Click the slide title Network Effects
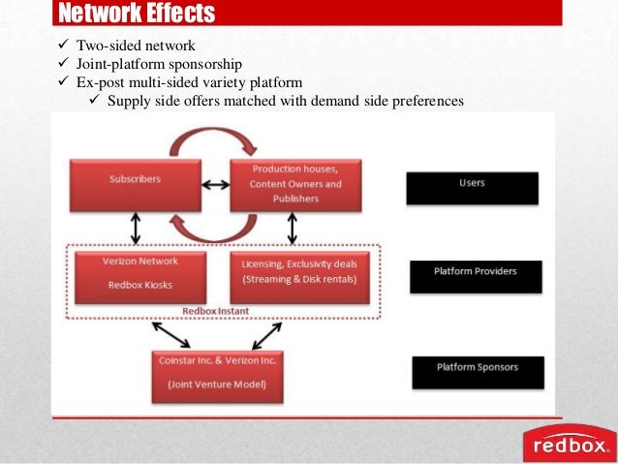click(137, 13)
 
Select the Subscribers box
click(136, 181)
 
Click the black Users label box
click(473, 187)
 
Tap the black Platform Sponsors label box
click(478, 372)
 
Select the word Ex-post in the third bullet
click(93, 82)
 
